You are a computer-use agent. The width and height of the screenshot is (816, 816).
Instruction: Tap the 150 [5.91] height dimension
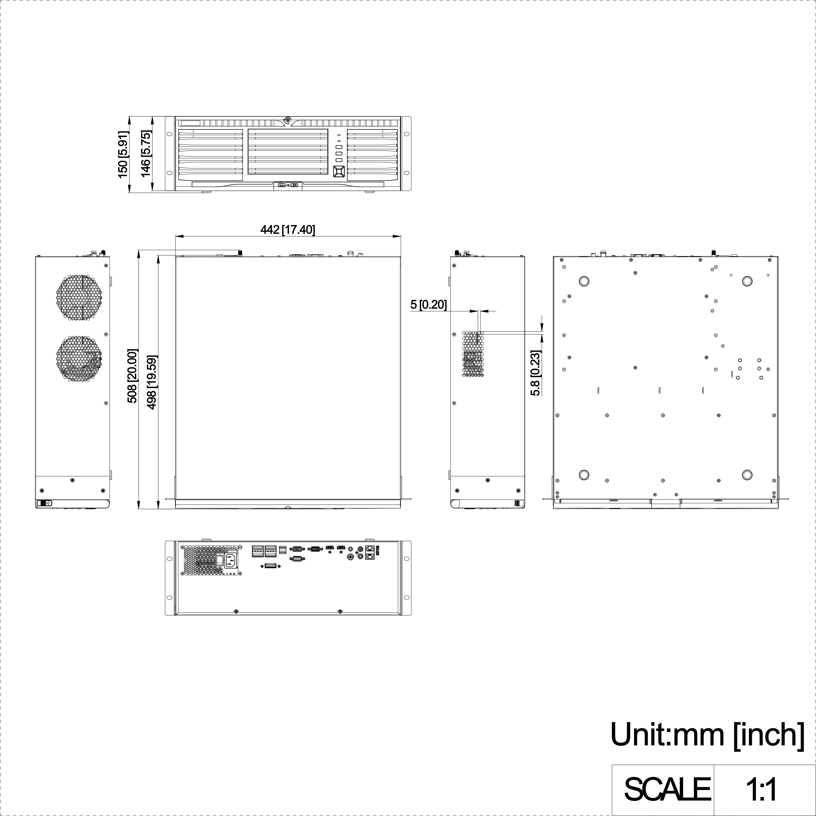[122, 154]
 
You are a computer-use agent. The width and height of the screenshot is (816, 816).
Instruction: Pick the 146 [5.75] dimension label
[146, 154]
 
